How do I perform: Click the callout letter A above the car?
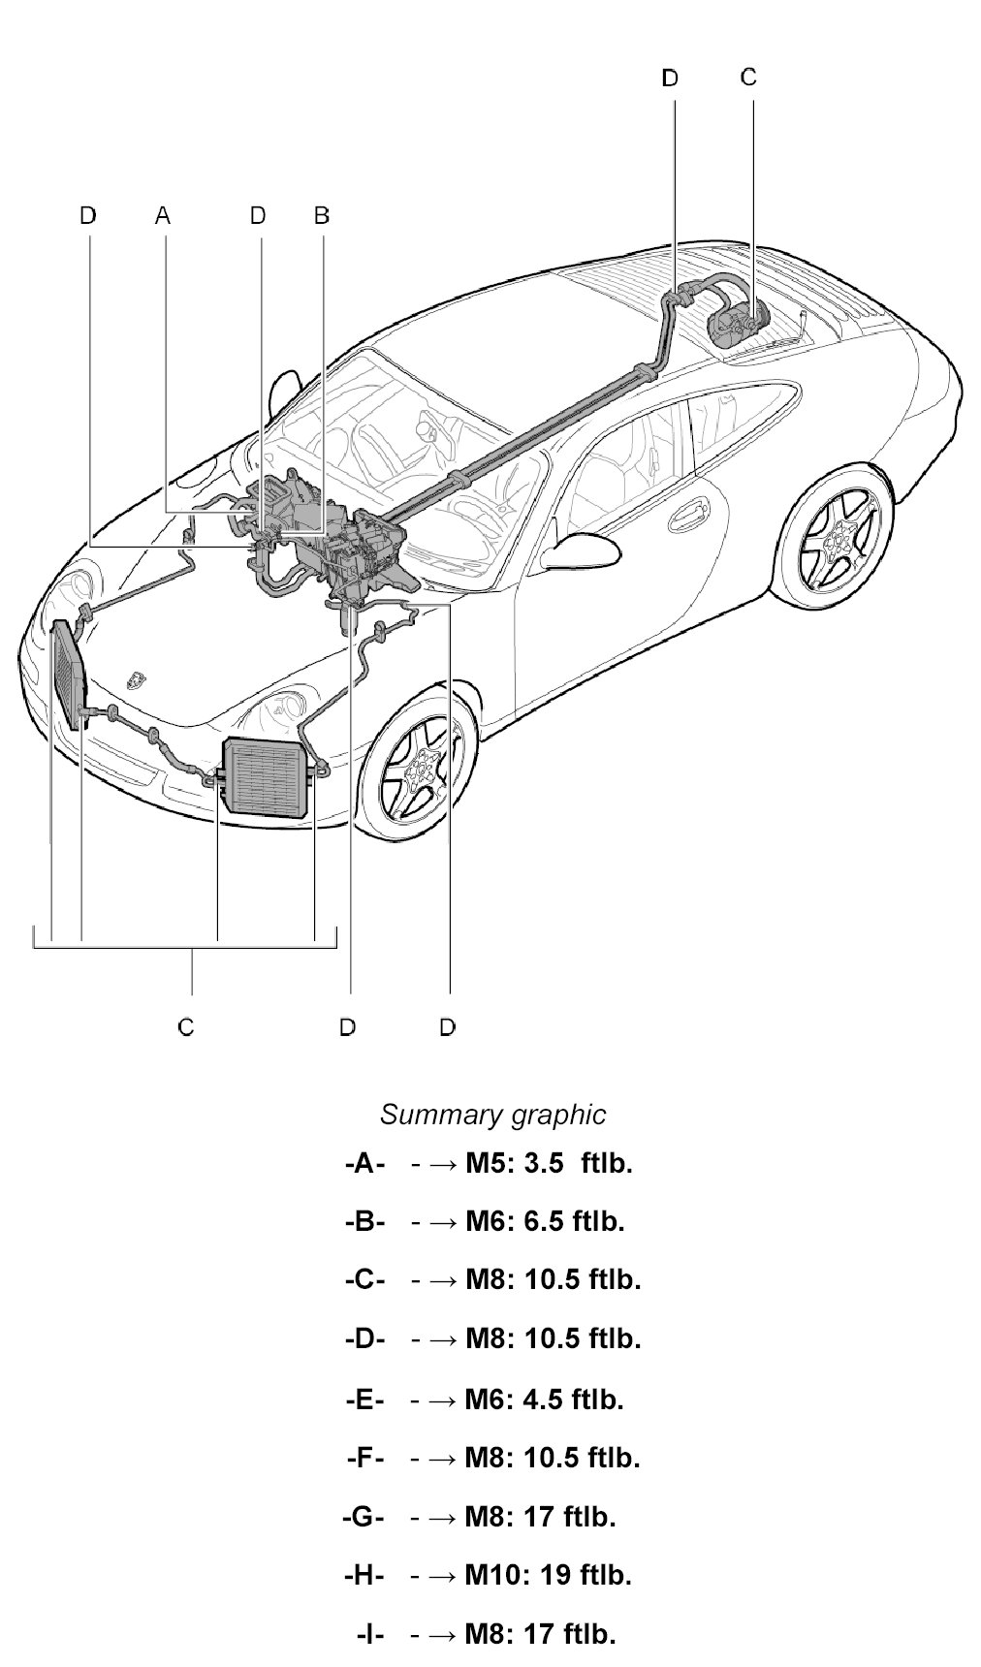click(x=162, y=215)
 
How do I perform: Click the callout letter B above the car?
click(x=322, y=215)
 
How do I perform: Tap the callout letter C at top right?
click(x=748, y=77)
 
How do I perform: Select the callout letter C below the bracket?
click(x=186, y=1026)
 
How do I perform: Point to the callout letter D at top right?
click(x=670, y=78)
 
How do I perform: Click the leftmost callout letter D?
click(x=88, y=215)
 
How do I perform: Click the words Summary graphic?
click(x=492, y=1115)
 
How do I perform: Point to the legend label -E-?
click(x=364, y=1399)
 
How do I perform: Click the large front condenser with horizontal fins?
click(x=268, y=778)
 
